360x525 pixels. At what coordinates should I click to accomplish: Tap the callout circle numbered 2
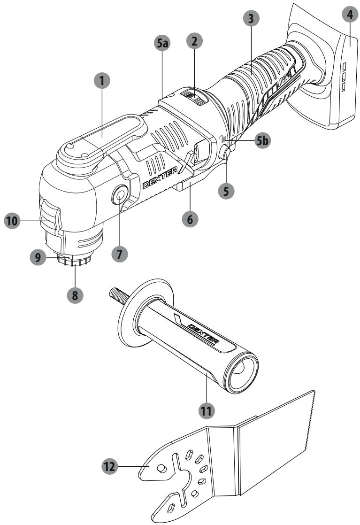pyautogui.click(x=194, y=41)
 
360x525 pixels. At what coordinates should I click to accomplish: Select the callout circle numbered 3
pyautogui.click(x=251, y=19)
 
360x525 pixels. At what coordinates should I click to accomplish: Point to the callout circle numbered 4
pyautogui.click(x=350, y=15)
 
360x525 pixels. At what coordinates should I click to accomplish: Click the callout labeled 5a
pyautogui.click(x=162, y=43)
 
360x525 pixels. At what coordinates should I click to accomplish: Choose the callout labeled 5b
pyautogui.click(x=263, y=141)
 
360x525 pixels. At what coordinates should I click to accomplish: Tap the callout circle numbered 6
pyautogui.click(x=190, y=219)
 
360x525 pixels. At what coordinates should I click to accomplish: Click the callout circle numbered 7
pyautogui.click(x=119, y=254)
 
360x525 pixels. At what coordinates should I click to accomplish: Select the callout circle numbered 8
pyautogui.click(x=75, y=295)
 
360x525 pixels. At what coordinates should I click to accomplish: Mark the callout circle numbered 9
pyautogui.click(x=38, y=257)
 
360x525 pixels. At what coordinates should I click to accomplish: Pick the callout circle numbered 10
pyautogui.click(x=12, y=221)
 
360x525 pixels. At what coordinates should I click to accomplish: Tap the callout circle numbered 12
pyautogui.click(x=110, y=466)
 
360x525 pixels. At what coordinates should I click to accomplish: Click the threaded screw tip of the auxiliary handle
pyautogui.click(x=118, y=295)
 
